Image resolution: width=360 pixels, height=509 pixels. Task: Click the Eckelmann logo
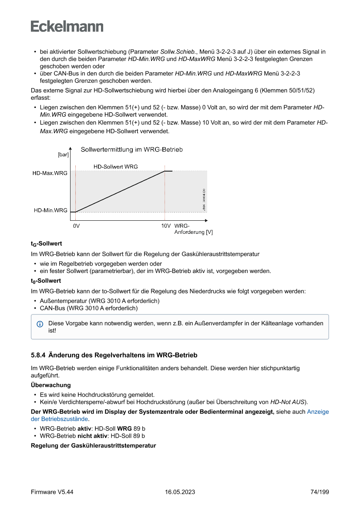(67, 26)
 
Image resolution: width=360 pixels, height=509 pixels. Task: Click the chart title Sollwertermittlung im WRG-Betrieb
(131, 150)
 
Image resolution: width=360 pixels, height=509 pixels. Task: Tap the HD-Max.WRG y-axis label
(50, 173)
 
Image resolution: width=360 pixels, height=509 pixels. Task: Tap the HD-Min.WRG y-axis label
(50, 210)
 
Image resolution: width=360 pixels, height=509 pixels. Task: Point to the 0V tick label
(76, 226)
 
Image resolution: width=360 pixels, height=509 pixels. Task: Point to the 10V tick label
(165, 226)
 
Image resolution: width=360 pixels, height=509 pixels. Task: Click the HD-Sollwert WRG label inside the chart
(115, 167)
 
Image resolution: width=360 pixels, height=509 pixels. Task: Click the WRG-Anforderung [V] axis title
(193, 229)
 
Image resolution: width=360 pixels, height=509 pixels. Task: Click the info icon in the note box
(40, 324)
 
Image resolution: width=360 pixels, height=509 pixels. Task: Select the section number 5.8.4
(38, 355)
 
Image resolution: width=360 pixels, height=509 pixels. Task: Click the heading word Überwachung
(50, 385)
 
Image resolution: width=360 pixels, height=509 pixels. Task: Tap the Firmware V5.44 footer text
(52, 492)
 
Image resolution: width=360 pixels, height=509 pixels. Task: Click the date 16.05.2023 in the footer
(180, 492)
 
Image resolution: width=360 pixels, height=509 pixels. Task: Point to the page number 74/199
(320, 492)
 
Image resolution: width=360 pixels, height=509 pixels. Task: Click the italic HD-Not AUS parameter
(288, 401)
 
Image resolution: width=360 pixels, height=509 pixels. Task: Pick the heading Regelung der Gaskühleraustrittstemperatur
(93, 445)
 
